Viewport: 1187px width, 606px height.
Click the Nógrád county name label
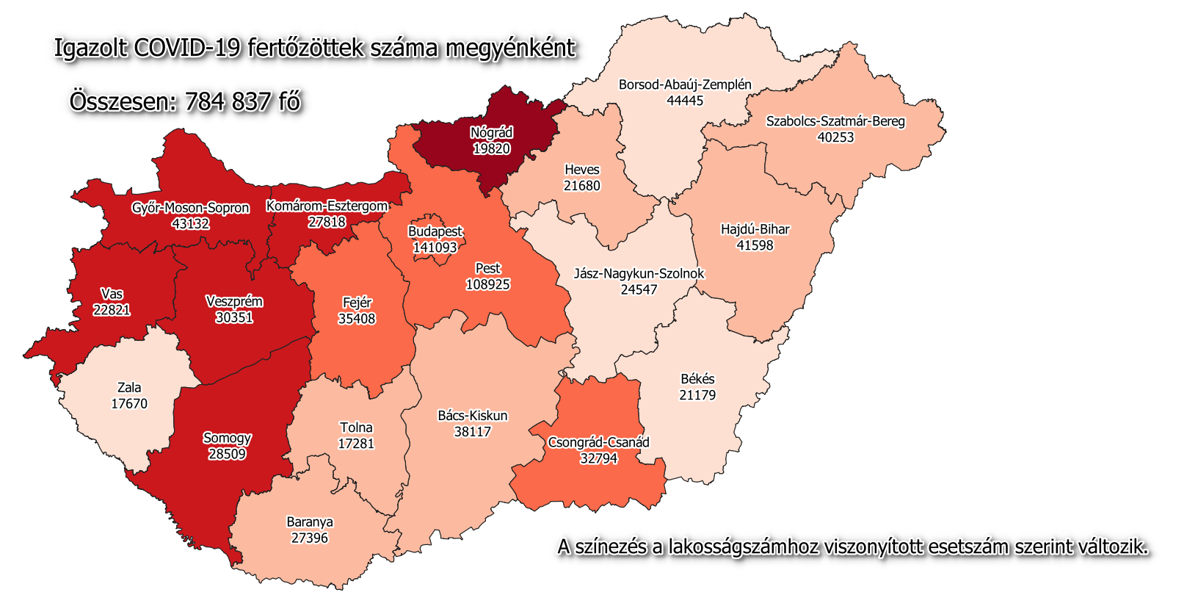click(491, 133)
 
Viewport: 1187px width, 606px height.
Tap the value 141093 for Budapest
click(435, 248)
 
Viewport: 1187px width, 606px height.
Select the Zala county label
click(129, 388)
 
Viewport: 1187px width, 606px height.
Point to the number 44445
click(685, 101)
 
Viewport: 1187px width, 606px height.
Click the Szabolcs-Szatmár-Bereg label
click(835, 121)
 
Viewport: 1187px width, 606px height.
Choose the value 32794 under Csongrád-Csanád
click(598, 458)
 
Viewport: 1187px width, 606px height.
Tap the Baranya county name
click(310, 522)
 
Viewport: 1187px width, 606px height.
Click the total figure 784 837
click(228, 101)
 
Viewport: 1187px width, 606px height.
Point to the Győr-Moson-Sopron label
click(190, 208)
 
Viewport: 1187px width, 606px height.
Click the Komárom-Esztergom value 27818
click(327, 222)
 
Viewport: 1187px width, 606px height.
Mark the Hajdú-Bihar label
click(755, 229)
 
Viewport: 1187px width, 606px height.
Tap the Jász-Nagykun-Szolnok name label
click(639, 273)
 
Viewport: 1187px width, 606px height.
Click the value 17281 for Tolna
click(355, 444)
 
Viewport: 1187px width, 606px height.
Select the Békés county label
click(697, 379)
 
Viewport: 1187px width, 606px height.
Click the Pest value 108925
click(487, 284)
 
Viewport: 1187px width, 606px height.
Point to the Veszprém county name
click(234, 302)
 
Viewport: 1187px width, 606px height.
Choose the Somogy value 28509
click(227, 454)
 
